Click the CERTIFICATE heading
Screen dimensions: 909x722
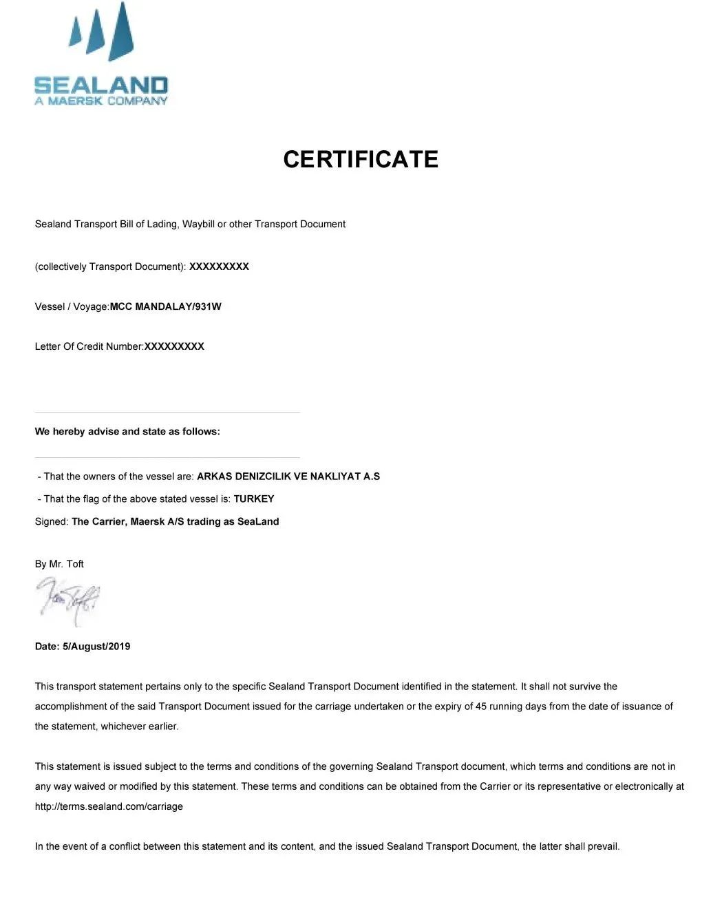pos(361,159)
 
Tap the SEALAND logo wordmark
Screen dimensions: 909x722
pos(101,85)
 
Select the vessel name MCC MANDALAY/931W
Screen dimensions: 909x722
pos(166,306)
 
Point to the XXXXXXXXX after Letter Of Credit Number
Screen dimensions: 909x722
pos(174,346)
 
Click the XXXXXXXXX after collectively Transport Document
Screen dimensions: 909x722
pos(219,267)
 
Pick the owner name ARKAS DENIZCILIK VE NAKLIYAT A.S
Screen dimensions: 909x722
pos(288,476)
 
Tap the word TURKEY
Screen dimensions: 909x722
pos(254,499)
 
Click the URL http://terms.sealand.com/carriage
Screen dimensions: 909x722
pos(109,806)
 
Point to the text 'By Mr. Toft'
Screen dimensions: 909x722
pos(59,564)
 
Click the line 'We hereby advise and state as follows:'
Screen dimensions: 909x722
pos(127,432)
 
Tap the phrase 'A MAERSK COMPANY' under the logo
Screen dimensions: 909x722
pos(101,101)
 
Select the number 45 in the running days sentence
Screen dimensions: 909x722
pos(481,707)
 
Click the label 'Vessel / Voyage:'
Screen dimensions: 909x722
pos(72,306)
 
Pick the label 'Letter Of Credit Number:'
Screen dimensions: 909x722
pos(89,346)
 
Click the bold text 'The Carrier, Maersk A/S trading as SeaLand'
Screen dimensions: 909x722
pos(176,521)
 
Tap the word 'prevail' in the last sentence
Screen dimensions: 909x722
pos(602,846)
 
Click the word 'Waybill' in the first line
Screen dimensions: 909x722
pos(198,224)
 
